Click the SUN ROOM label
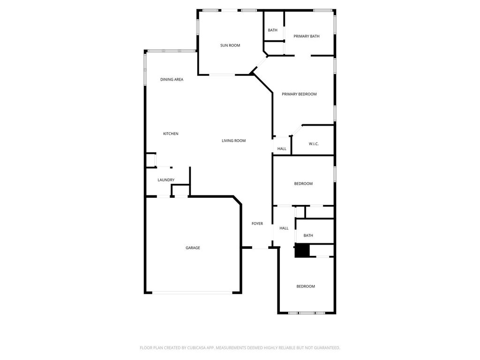tap(230, 45)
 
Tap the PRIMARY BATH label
tap(307, 36)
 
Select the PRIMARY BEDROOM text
tap(299, 94)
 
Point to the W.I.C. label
tap(314, 143)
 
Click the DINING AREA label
tap(172, 79)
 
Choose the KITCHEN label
tap(171, 134)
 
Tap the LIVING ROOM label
tap(233, 141)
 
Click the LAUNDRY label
tap(166, 180)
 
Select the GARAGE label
tap(193, 247)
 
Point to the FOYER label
tap(257, 224)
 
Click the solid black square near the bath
tap(302, 250)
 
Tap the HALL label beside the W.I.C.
tap(282, 149)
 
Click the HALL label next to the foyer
tap(284, 228)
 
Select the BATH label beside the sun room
tap(272, 30)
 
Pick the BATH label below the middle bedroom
tap(308, 235)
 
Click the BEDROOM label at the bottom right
tap(306, 286)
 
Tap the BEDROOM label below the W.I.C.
tap(303, 184)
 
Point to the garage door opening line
tap(193, 292)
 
